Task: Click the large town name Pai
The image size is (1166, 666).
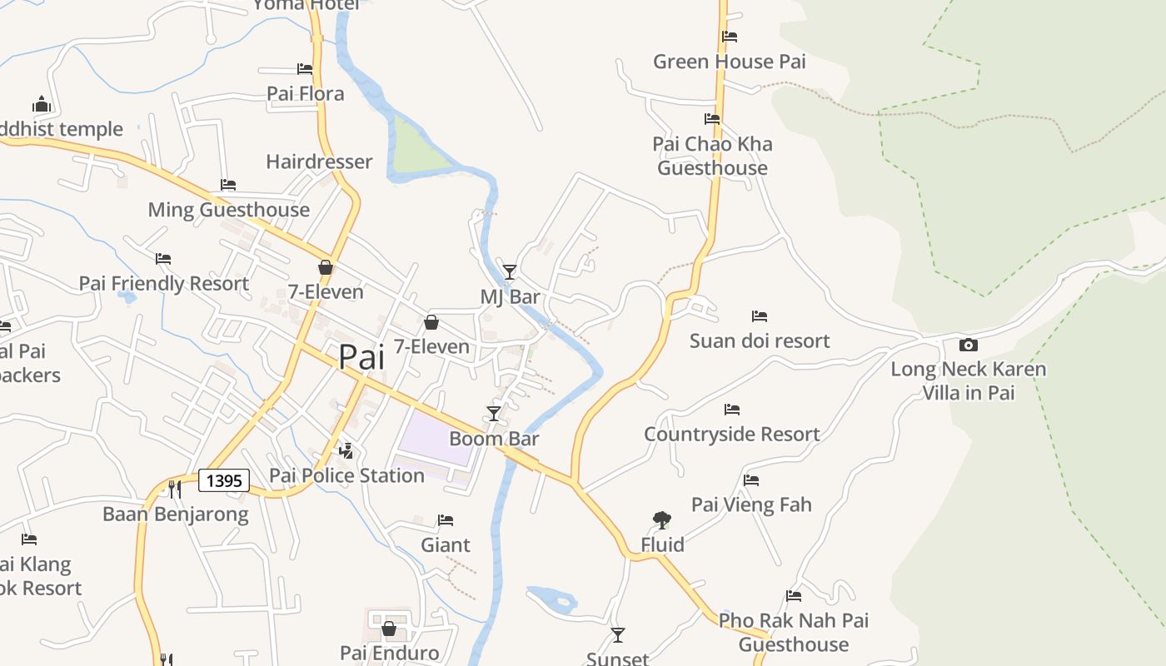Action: [x=361, y=357]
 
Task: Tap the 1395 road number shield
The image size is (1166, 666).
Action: [x=224, y=480]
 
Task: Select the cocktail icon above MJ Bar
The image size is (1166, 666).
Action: [x=509, y=271]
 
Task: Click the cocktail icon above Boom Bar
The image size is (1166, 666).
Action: [x=494, y=413]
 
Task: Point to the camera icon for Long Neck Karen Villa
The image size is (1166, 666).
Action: [x=968, y=345]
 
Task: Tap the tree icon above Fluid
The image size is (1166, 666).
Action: [x=662, y=520]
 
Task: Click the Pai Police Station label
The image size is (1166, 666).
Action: [x=346, y=475]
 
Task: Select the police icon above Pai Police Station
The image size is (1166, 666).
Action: [x=346, y=451]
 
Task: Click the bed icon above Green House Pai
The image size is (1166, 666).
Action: [x=730, y=37]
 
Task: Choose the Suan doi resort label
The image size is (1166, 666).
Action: [x=760, y=340]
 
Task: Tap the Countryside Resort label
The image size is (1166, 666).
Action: [x=731, y=434]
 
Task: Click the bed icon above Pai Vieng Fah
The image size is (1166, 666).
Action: [x=751, y=480]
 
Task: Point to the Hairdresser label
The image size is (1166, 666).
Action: [x=319, y=162]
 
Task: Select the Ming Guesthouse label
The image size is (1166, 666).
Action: [x=228, y=210]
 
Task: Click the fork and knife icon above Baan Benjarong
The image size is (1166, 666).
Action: [x=175, y=489]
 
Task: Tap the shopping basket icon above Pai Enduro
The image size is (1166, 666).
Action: [x=389, y=629]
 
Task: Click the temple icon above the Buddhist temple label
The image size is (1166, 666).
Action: [x=42, y=104]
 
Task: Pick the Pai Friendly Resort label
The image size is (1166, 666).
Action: [x=163, y=283]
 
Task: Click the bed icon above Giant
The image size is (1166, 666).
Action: [x=446, y=520]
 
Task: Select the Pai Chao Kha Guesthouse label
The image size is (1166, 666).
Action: [x=712, y=156]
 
